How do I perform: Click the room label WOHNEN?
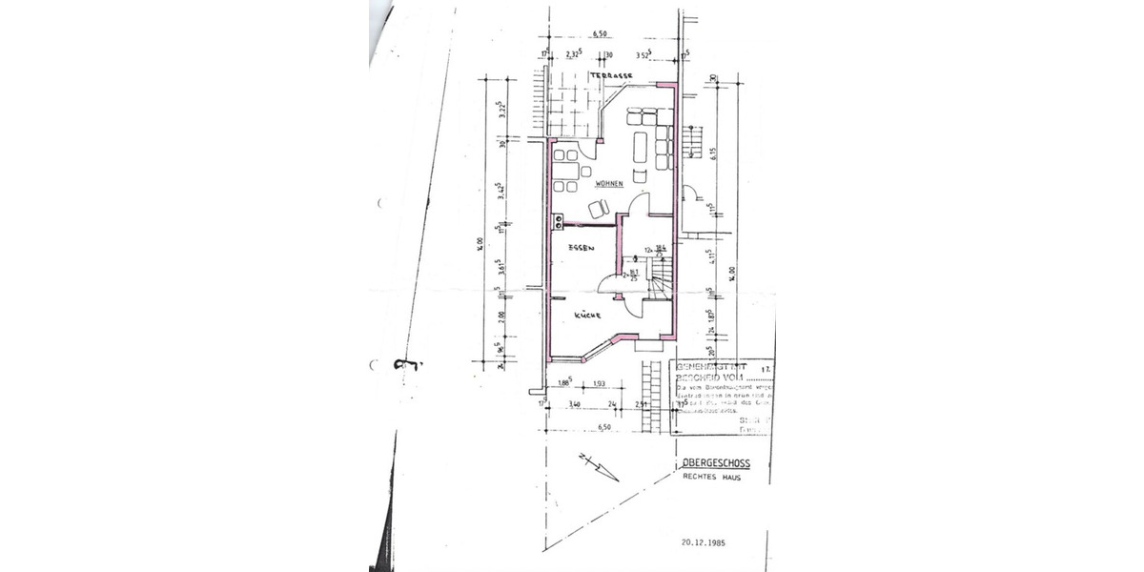(608, 183)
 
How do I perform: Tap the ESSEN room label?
(581, 248)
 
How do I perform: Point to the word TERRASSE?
(610, 74)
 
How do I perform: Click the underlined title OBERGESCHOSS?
(716, 464)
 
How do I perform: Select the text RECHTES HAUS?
(711, 478)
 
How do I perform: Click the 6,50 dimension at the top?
(601, 34)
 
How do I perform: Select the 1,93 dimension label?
(601, 384)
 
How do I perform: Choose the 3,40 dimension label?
(574, 405)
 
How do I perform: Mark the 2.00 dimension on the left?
(501, 316)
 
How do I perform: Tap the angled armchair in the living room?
(599, 209)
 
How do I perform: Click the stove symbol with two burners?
(558, 220)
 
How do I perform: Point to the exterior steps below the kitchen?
(654, 395)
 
